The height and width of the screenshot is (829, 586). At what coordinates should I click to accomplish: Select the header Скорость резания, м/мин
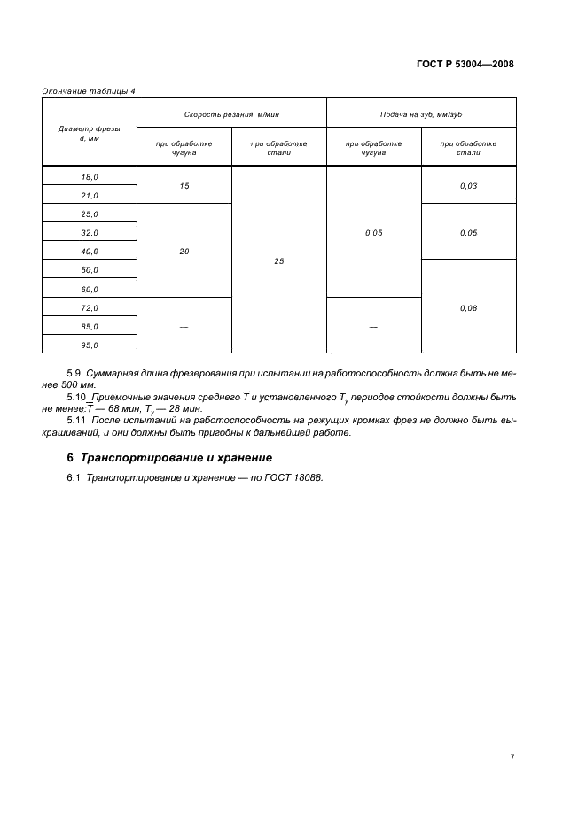pos(231,114)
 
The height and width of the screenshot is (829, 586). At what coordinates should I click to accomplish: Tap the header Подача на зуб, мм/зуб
pos(421,114)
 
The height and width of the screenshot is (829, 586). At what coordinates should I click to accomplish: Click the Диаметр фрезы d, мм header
pos(90,133)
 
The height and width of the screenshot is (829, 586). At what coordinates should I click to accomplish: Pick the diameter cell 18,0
pos(90,176)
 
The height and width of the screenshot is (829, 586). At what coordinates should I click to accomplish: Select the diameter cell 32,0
pos(90,233)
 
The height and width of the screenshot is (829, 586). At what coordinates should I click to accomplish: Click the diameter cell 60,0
pos(90,290)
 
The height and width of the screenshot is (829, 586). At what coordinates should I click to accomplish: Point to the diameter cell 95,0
pos(90,345)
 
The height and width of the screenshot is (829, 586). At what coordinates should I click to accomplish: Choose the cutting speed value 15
pos(184,186)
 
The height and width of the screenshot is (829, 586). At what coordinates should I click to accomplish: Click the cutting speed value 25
pos(279,261)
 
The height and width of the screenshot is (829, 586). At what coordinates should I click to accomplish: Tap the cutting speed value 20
pos(184,252)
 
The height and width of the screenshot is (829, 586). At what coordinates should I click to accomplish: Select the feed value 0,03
pos(469,186)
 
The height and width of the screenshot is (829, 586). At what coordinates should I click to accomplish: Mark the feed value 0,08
pos(469,308)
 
